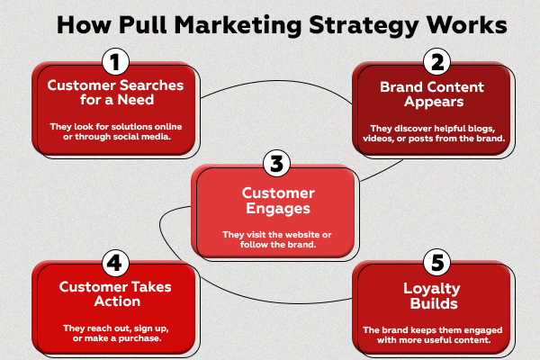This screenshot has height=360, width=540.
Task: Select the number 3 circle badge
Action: (276, 166)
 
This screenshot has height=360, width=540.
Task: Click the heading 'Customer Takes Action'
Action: (113, 293)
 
